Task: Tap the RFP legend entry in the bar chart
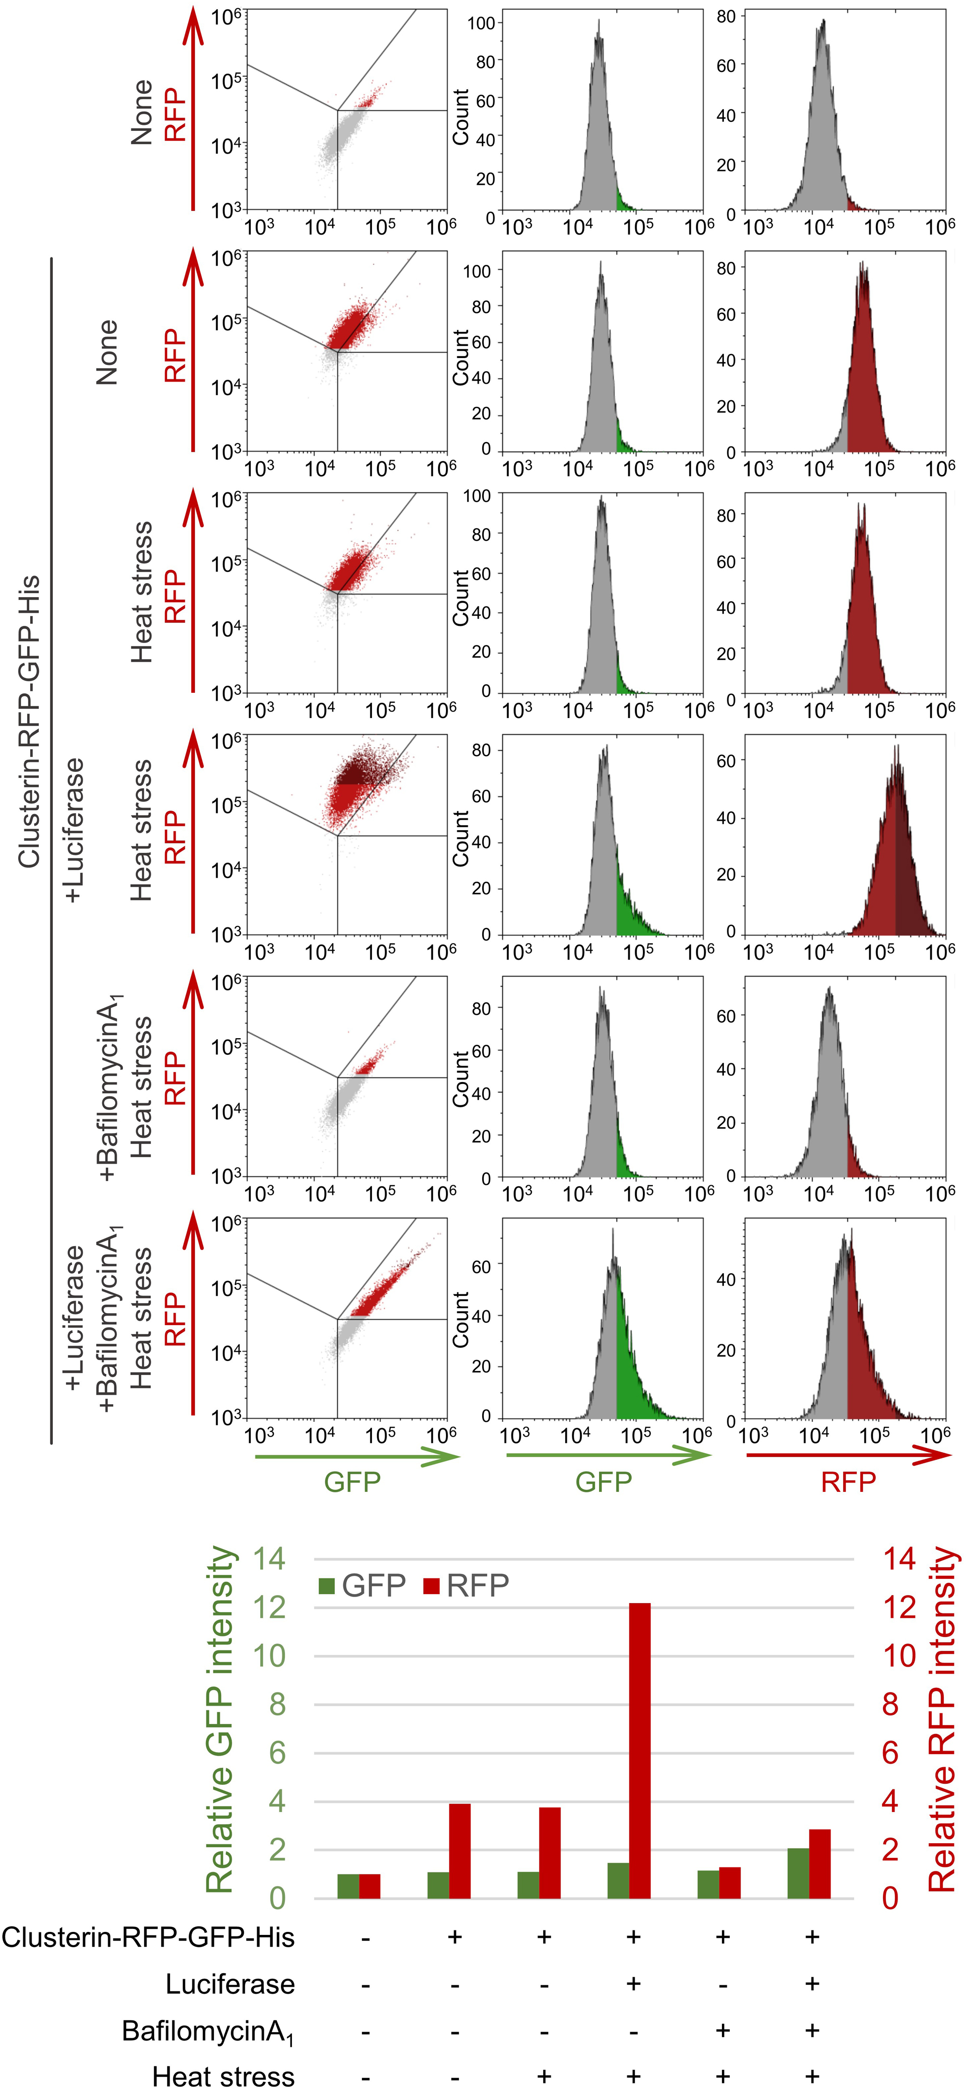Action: coord(466,1585)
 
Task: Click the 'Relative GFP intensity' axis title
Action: coord(220,1720)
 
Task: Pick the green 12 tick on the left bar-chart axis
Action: coord(269,1607)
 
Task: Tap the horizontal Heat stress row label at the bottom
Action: coord(223,2076)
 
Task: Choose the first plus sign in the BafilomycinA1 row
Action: coord(723,2030)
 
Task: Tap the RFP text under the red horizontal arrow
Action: coord(848,1482)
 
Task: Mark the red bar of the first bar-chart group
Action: coord(370,1887)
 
